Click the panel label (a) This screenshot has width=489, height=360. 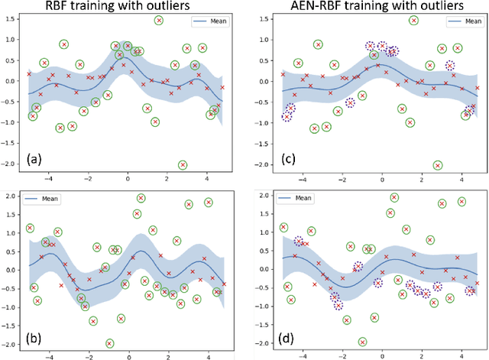pyautogui.click(x=34, y=161)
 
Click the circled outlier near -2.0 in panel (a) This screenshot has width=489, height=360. pyautogui.click(x=183, y=164)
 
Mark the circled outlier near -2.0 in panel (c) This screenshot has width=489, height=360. pyautogui.click(x=437, y=164)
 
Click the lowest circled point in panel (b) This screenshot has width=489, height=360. pyautogui.click(x=110, y=342)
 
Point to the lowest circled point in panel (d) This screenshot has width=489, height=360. pyautogui.click(x=362, y=342)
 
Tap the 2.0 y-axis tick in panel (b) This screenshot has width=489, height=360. pyautogui.click(x=11, y=196)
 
